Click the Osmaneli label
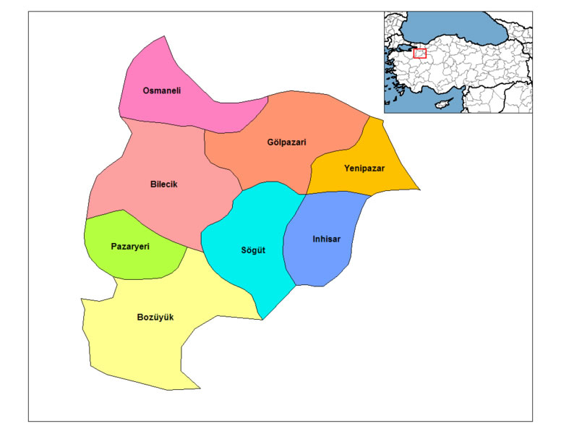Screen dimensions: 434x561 161,90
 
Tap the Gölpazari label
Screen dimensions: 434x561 286,142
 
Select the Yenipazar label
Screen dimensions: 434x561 364,168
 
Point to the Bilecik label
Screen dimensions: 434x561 163,184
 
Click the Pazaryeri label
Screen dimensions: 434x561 130,247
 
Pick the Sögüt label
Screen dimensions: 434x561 253,250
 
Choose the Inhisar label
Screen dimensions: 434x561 326,239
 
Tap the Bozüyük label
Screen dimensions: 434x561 155,317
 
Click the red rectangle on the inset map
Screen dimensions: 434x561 419,54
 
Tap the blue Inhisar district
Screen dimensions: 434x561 318,260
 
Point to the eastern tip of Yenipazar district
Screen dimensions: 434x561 419,190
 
